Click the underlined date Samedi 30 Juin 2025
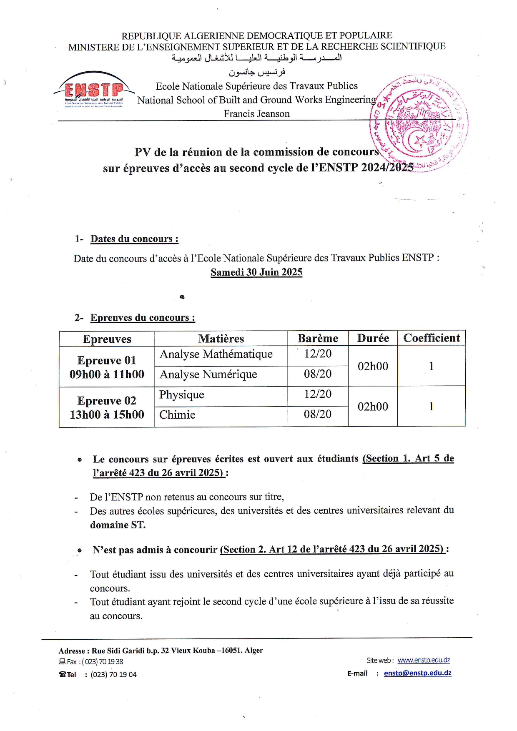pos(256,272)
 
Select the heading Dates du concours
pos(134,239)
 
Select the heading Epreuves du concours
pos(143,318)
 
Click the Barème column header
pos(318,338)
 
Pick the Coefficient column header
pos(432,338)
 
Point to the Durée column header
pos(373,338)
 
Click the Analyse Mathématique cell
pos(216,354)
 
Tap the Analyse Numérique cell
pos(208,374)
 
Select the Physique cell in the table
pos(182,394)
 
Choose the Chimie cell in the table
pos(177,414)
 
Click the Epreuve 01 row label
pos(107,360)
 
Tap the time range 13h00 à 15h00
pos(107,414)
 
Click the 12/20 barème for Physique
pos(318,394)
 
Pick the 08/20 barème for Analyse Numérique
pos(318,374)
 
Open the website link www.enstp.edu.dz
pos(424,660)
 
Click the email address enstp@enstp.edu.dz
pos(417,673)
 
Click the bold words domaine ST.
pos(118,525)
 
